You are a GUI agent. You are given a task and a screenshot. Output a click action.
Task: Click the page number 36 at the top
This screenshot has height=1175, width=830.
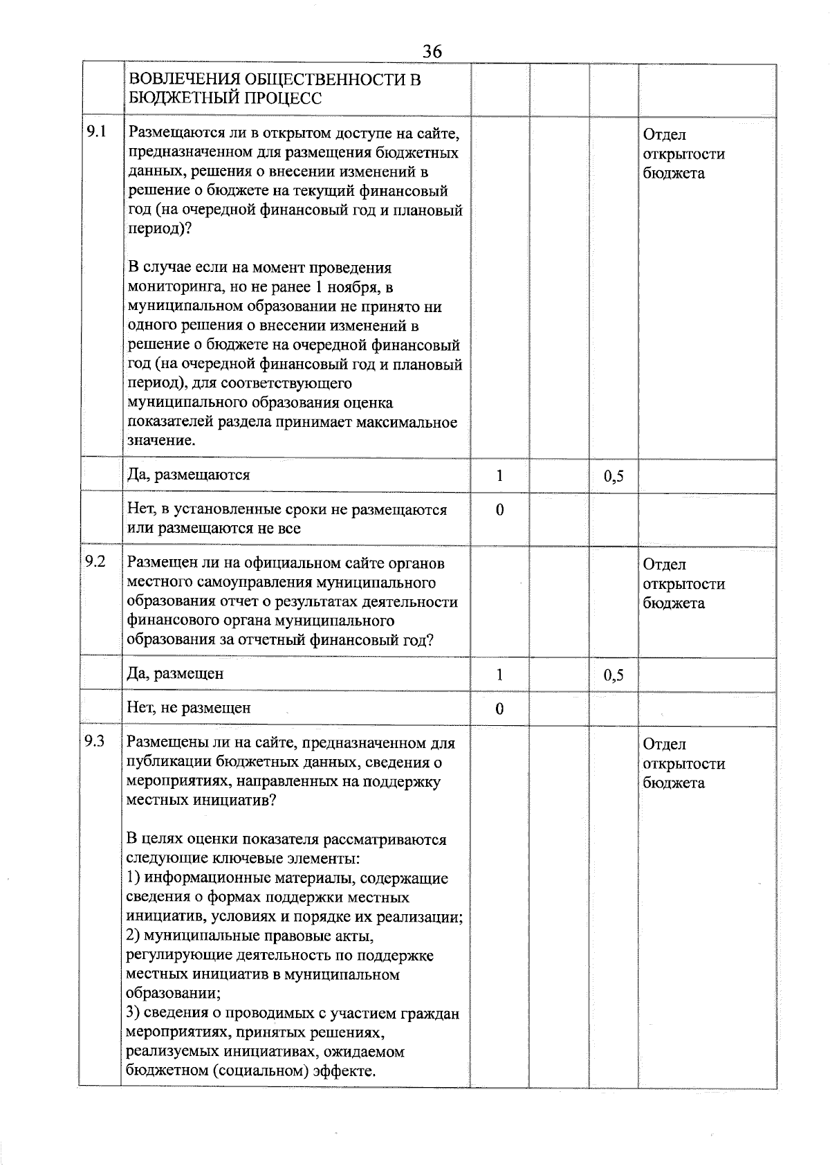pos(432,52)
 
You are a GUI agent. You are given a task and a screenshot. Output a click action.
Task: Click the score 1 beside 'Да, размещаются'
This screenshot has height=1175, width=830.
pos(499,475)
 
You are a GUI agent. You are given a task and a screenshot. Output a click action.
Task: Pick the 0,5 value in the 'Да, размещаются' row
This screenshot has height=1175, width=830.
pos(614,476)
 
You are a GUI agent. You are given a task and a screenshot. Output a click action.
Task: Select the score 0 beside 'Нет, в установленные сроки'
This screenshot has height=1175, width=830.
pos(499,510)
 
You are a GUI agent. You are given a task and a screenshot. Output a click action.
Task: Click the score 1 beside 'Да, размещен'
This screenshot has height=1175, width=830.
pos(499,674)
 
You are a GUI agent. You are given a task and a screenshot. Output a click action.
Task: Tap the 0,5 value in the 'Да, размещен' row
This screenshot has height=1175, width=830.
pos(614,675)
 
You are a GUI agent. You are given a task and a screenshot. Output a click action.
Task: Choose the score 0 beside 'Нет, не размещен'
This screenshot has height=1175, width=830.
pos(499,709)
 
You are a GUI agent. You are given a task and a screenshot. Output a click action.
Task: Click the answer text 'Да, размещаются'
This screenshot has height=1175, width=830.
pos(189,475)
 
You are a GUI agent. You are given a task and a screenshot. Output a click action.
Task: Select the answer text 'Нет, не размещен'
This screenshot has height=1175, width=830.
pos(189,708)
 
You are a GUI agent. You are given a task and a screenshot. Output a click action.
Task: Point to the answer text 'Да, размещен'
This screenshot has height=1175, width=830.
pos(176,674)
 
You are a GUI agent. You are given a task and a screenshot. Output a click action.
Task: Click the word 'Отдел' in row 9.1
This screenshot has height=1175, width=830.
pos(664,135)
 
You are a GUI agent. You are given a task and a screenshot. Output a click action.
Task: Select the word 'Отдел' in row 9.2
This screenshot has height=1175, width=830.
pos(664,565)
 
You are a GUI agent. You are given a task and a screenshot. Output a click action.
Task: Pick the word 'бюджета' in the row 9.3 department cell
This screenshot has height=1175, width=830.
pos(674,783)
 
